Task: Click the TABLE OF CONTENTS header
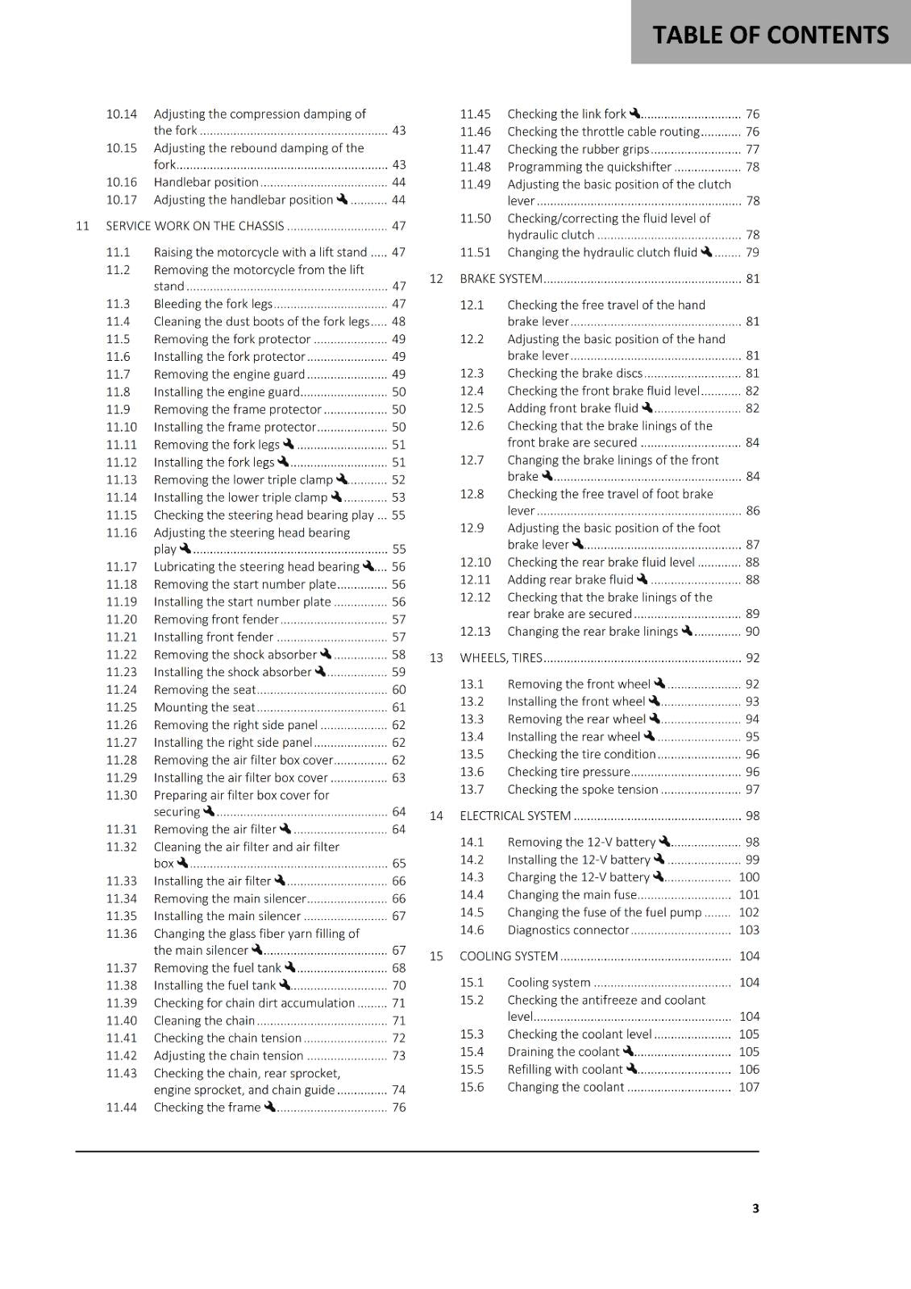point(770,35)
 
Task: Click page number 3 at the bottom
point(755,1208)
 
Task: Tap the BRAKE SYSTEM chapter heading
point(501,279)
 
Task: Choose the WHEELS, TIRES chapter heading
point(501,657)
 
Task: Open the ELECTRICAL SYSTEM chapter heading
point(515,815)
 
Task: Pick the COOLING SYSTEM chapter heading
point(509,956)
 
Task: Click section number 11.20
point(122,620)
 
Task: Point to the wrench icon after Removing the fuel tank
point(290,967)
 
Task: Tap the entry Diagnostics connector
point(568,930)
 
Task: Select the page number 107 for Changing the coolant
point(749,1087)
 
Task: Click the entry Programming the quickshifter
point(589,167)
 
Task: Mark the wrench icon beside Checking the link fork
point(635,114)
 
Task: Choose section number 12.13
point(476,632)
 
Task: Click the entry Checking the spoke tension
point(582,790)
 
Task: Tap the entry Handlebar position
point(206,182)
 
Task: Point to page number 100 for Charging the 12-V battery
point(749,877)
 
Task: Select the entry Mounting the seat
point(204,707)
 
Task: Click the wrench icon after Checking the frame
point(270,1106)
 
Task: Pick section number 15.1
point(472,983)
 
